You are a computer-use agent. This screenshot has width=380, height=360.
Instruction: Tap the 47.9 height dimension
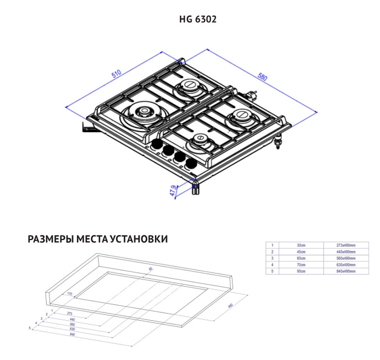174,189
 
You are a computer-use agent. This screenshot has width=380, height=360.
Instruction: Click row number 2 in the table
272,252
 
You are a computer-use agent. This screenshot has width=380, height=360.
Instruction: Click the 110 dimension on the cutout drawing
70,294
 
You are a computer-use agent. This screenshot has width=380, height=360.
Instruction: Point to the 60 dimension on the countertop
150,269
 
